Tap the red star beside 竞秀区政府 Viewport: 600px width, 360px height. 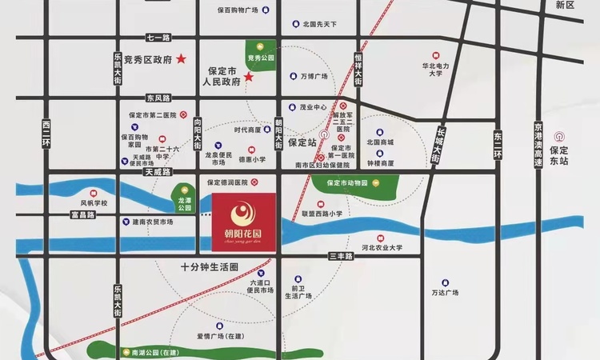182,58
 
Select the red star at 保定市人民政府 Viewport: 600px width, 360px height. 249,78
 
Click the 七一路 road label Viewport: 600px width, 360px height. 159,38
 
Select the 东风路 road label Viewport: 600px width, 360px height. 158,98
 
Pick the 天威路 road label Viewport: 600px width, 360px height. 158,172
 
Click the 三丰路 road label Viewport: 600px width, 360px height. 342,255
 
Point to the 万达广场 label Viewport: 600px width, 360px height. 444,293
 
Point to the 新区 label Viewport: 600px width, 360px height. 565,5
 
